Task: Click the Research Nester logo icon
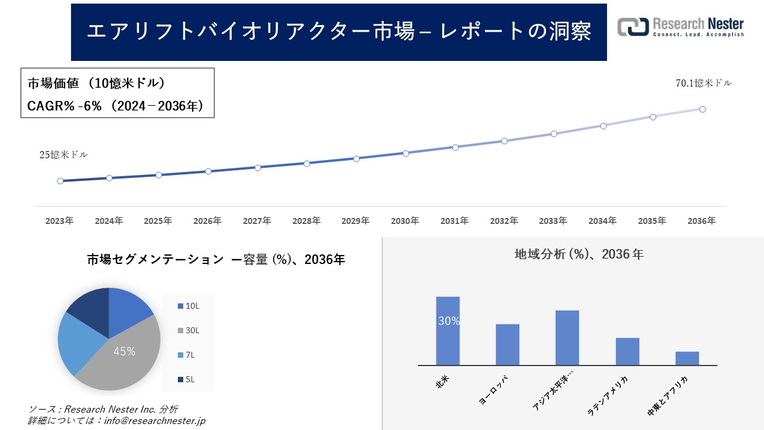(x=633, y=27)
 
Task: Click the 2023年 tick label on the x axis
(x=60, y=221)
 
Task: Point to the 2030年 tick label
(x=405, y=221)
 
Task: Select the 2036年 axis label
(x=701, y=221)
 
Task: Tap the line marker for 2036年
(x=703, y=109)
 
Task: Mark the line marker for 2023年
(x=60, y=181)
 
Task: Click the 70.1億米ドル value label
(x=703, y=84)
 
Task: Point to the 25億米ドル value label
(x=63, y=155)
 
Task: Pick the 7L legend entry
(x=188, y=355)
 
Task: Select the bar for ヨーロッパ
(x=507, y=345)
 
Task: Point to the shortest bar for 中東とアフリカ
(x=687, y=358)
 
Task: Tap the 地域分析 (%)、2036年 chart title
(x=578, y=254)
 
